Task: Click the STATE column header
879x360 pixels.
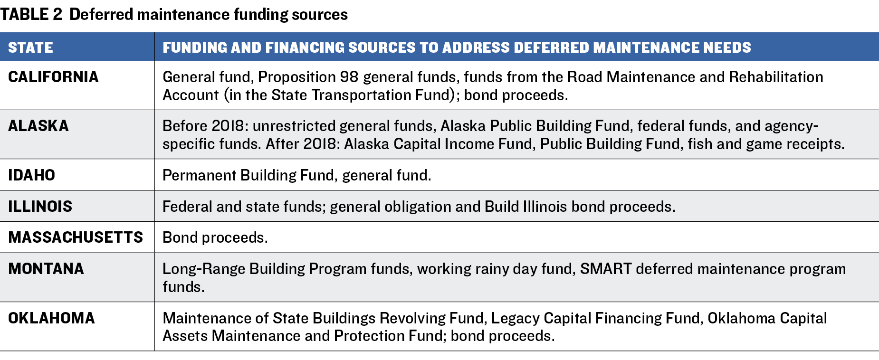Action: pos(30,47)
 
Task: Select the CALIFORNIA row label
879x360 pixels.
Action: pos(53,77)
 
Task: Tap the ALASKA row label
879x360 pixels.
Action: pos(38,126)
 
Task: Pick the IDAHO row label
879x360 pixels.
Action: pos(31,175)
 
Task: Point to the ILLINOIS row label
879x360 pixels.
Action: pos(40,207)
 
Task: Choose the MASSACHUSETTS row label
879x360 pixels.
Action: pos(76,237)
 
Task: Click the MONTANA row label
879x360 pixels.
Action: pos(46,269)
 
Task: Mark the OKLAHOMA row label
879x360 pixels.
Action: pos(51,318)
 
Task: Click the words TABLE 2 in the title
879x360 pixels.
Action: pos(31,14)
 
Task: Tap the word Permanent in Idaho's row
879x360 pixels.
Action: pos(200,175)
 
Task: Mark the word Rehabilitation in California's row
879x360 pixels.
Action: pos(776,77)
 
